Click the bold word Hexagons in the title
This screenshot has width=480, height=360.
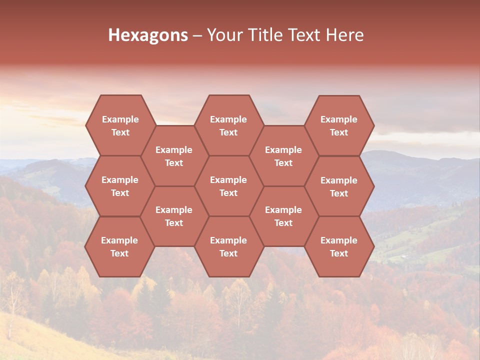(x=148, y=35)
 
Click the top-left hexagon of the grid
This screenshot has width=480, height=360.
(x=120, y=125)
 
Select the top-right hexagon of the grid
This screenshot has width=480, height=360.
(x=339, y=125)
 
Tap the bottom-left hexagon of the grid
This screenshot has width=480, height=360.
(x=119, y=246)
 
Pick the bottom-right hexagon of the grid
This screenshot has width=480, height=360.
(x=339, y=246)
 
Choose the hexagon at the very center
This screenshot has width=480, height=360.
(x=228, y=186)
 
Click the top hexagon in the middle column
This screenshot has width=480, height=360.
(x=228, y=125)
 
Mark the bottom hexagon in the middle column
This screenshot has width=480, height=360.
(x=228, y=246)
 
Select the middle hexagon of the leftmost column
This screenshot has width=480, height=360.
(x=120, y=186)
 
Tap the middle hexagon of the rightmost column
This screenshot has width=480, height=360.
(x=339, y=186)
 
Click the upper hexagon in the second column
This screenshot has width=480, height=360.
(x=174, y=156)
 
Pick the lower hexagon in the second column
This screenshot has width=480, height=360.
(x=174, y=216)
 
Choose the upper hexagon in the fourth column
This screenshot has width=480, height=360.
(x=283, y=156)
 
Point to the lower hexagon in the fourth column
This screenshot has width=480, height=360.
(x=283, y=216)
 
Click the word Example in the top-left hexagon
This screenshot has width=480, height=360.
(x=120, y=119)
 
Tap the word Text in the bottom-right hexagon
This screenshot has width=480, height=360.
(x=339, y=253)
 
